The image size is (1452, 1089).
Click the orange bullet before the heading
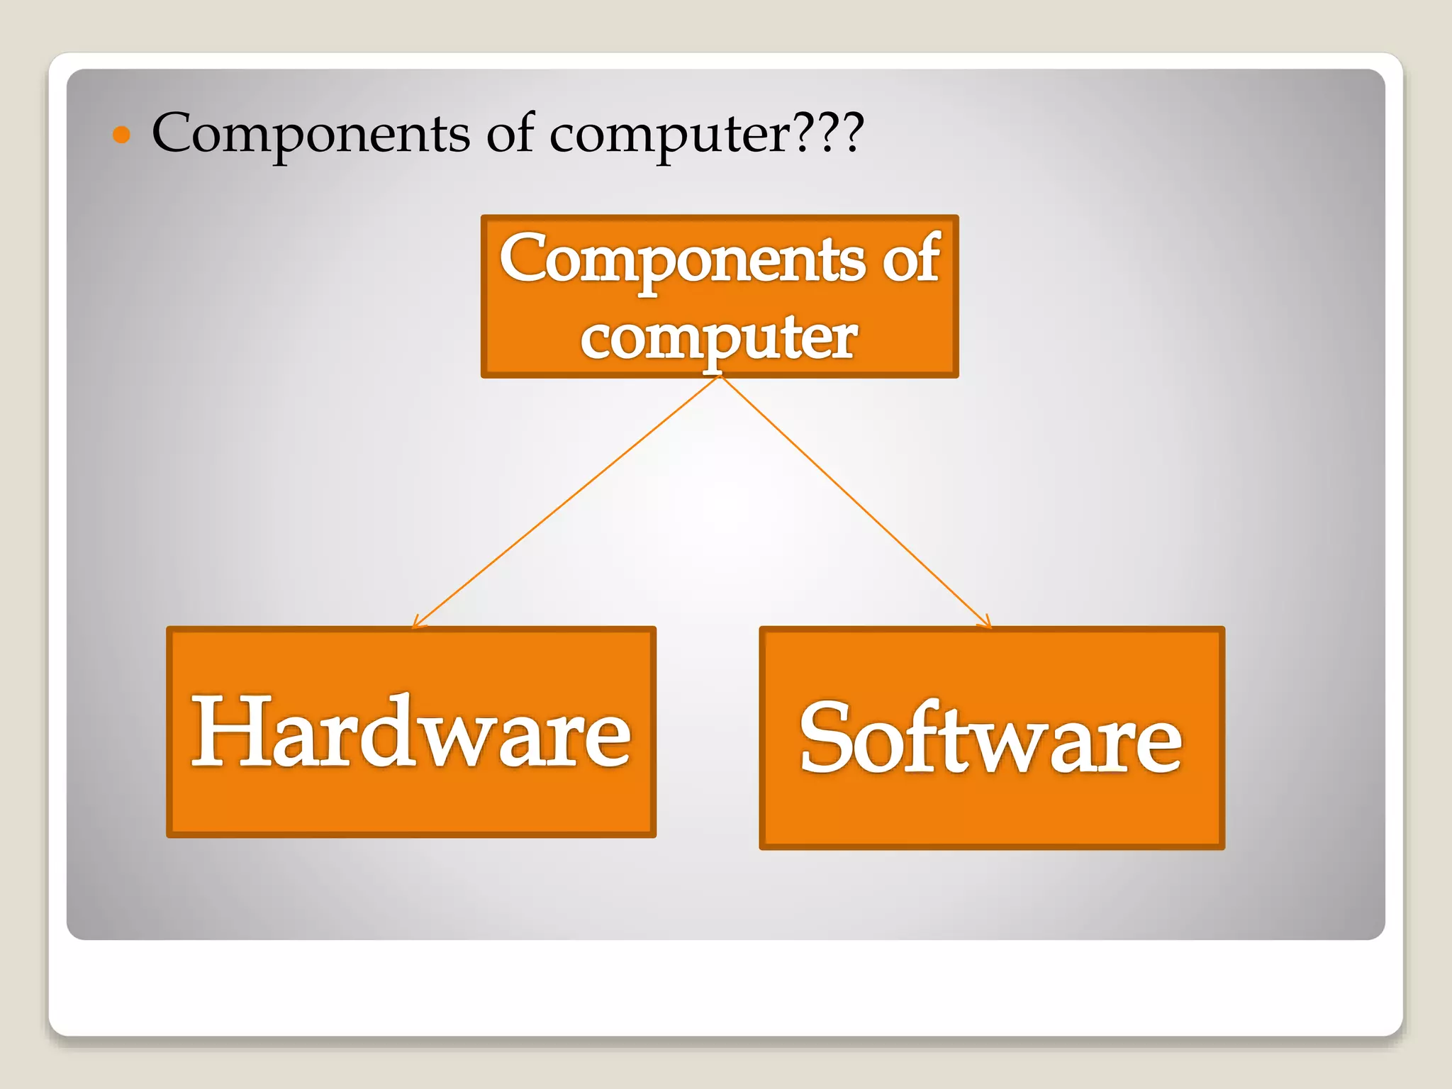point(122,135)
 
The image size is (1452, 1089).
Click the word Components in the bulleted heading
point(311,133)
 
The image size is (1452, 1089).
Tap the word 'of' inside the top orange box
point(911,259)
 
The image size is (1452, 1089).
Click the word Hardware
point(411,732)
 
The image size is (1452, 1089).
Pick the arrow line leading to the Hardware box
point(567,502)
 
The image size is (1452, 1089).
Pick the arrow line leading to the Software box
point(854,502)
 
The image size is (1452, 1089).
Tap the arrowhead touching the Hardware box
point(417,623)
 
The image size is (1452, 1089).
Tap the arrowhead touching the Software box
point(986,623)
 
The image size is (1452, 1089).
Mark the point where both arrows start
point(720,378)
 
